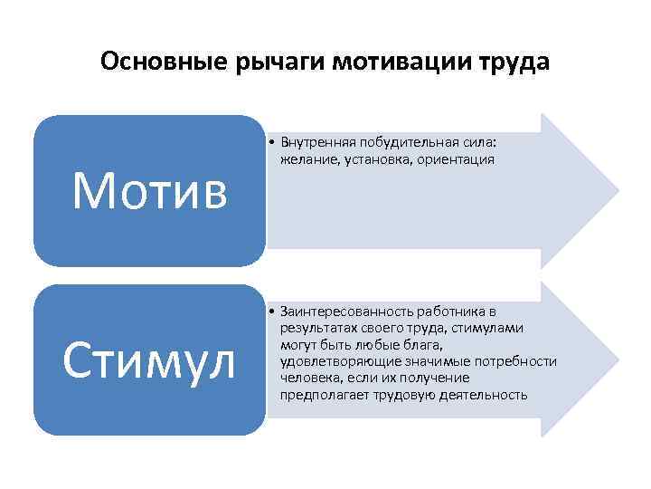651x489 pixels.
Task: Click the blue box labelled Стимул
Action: (x=150, y=360)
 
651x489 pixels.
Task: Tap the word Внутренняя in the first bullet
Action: (x=319, y=143)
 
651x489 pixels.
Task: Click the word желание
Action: (x=306, y=159)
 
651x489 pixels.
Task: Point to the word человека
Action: (x=308, y=378)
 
